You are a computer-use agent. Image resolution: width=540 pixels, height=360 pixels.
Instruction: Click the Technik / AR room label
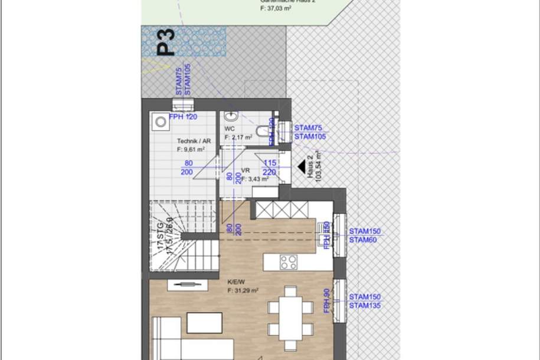194,142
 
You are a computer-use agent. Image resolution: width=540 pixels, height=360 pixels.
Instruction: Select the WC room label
230,129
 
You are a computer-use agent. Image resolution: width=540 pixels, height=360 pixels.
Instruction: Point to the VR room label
246,169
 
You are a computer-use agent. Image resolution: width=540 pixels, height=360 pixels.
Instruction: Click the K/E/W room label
235,282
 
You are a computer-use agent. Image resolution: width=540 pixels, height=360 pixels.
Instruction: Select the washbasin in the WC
231,116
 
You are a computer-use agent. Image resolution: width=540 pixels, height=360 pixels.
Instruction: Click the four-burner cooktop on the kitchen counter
289,261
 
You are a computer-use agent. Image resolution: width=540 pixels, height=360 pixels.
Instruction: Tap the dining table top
289,317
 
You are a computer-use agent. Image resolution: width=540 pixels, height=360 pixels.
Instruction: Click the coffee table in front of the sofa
204,322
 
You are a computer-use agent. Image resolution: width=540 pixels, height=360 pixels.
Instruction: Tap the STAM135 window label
364,305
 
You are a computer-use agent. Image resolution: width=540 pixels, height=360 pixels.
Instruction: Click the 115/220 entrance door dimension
270,168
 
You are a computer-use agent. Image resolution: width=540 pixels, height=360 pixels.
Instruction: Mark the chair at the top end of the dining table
289,291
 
